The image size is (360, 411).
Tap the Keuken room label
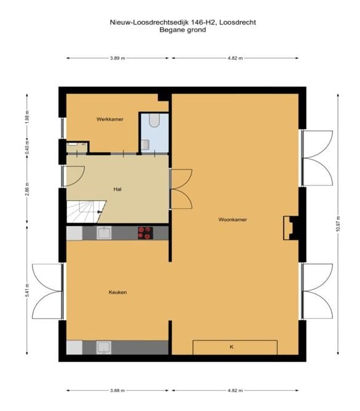tap(118, 292)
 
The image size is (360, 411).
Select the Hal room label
tap(116, 189)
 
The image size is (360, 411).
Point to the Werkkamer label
tap(109, 119)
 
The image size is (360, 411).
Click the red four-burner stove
tap(145, 232)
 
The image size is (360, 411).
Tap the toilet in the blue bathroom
tap(154, 120)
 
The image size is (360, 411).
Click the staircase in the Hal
tap(83, 213)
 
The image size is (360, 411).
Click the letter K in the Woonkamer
tap(232, 347)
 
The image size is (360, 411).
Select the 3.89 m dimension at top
tap(118, 58)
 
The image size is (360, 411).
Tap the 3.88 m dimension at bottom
tap(118, 390)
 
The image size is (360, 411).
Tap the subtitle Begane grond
tap(182, 29)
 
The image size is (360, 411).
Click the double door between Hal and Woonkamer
tap(180, 188)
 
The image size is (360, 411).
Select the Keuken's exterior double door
tap(46, 291)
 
